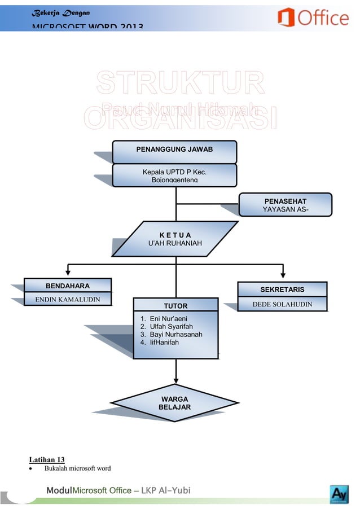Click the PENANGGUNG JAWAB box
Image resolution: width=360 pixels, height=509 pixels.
pos(174,151)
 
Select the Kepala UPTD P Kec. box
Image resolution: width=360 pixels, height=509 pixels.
pos(174,175)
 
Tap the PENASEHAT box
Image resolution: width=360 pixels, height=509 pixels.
pos(285,205)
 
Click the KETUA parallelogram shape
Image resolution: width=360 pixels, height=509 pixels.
pos(175,239)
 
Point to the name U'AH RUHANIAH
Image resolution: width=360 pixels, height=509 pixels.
pos(175,244)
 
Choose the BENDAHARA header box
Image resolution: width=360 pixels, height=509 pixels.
pos(68,286)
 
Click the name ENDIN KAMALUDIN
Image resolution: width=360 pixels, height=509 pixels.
pos(68,299)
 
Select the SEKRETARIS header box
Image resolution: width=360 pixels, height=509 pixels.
pos(282,289)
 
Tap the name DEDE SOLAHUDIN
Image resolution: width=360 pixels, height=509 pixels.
pos(282,305)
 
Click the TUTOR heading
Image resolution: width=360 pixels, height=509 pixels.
pos(175,306)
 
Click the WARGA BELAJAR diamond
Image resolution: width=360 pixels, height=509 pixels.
pos(175,403)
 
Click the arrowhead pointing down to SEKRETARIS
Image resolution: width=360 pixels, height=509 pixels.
pos(283,275)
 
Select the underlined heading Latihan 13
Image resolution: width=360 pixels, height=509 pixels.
pos(47,459)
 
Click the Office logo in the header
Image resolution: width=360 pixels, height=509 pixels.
pos(313,17)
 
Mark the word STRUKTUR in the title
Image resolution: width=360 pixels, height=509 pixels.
pos(180,84)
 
